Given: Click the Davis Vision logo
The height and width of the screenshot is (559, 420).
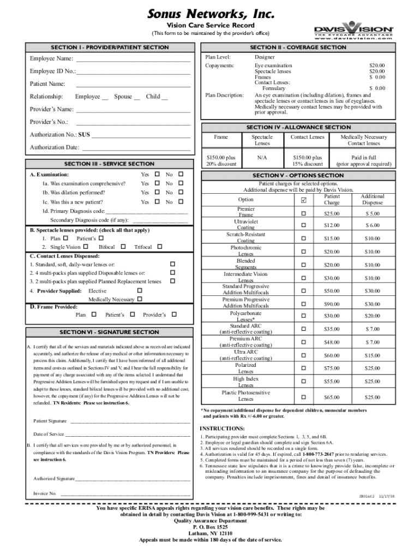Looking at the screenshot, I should [x=352, y=31].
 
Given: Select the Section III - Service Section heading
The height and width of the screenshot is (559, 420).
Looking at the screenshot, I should [x=109, y=164].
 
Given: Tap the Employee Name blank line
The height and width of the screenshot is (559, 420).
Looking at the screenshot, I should [x=133, y=59].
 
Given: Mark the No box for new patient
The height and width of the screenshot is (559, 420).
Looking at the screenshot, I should [x=181, y=202].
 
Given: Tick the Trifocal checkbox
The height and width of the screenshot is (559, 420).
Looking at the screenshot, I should [x=159, y=247].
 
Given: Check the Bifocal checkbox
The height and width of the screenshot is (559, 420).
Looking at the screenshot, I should [x=123, y=247].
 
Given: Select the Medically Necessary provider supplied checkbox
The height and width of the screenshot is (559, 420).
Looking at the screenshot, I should [x=140, y=299].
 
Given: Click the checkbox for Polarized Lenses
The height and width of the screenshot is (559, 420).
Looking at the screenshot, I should [x=304, y=368].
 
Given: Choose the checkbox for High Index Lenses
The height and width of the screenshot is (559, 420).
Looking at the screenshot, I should [x=304, y=382].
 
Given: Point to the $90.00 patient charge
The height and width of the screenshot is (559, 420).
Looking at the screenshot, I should [x=332, y=304].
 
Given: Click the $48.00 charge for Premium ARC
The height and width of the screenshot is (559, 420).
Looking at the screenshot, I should [x=332, y=342].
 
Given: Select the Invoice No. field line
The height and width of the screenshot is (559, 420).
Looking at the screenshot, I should [x=125, y=493].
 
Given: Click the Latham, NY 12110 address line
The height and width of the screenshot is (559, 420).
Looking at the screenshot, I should [x=210, y=533].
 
